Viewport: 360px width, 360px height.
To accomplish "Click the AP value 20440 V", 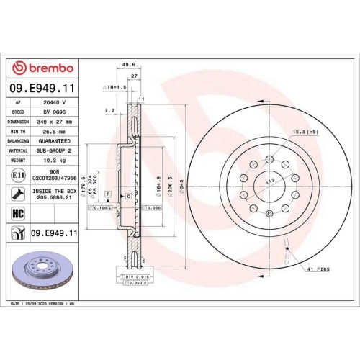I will point(55,103).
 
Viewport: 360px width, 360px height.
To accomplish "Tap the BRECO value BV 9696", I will point(55,112).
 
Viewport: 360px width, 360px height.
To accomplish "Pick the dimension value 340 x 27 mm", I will point(55,122).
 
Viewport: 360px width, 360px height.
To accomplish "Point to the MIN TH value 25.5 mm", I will point(55,132).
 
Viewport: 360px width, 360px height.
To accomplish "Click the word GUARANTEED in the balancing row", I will point(55,141).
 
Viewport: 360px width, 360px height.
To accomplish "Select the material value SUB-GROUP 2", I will point(55,150).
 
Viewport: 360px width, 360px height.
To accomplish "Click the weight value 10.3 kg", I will point(55,161).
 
